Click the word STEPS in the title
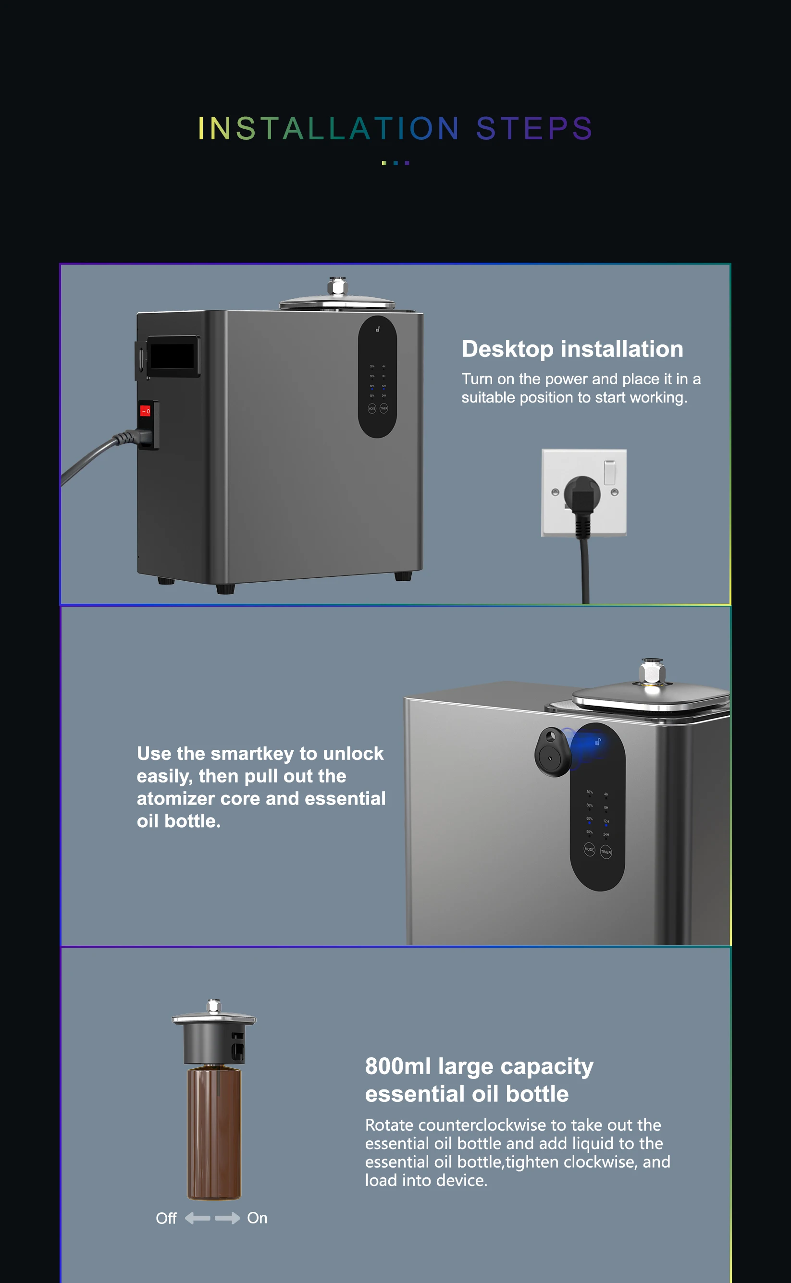pos(533,129)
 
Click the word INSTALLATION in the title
pos(329,129)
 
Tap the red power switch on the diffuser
pos(145,411)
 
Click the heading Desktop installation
pos(572,349)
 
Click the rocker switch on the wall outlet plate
pos(609,472)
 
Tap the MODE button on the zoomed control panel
pos(589,849)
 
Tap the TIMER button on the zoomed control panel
pos(606,852)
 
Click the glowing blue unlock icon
pos(597,741)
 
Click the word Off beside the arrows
pos(166,1218)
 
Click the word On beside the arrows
pos(257,1218)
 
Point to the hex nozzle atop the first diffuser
pos(337,286)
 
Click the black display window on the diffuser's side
pos(172,356)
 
